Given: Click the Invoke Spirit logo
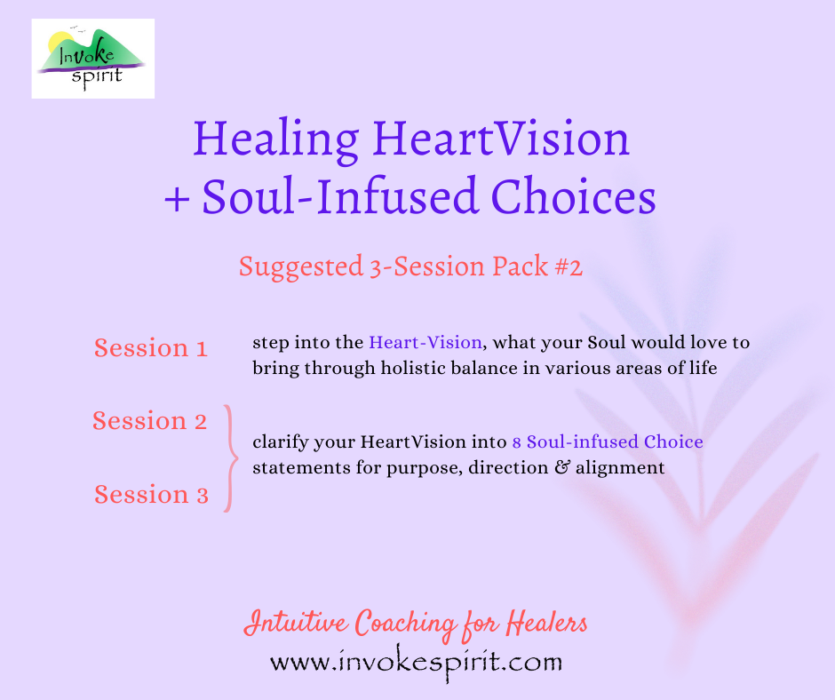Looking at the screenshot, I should click(92, 59).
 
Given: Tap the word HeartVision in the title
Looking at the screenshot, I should click(502, 139).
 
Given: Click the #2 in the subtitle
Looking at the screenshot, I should click(565, 266).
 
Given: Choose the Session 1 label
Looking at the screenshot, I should click(151, 348).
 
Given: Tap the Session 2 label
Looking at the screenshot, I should click(150, 421).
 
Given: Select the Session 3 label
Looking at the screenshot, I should click(151, 495).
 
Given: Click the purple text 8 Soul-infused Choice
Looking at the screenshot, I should click(608, 441).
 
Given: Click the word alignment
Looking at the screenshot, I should click(623, 467).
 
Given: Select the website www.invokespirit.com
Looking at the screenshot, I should click(416, 662).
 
